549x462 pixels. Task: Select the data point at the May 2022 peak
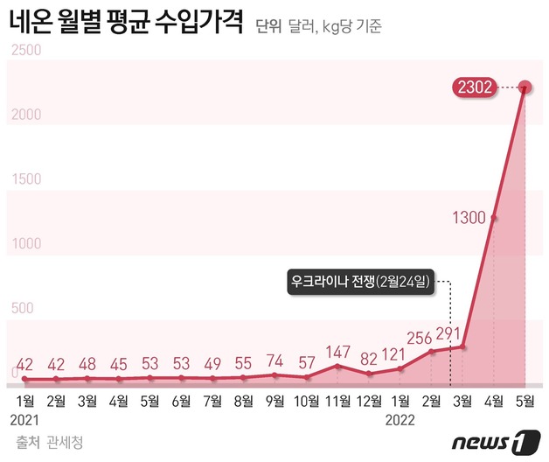[525, 87]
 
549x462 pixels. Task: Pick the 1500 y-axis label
[25, 179]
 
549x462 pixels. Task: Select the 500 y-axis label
[21, 308]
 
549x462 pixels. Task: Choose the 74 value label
[274, 360]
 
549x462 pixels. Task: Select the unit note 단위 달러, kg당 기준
[319, 26]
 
